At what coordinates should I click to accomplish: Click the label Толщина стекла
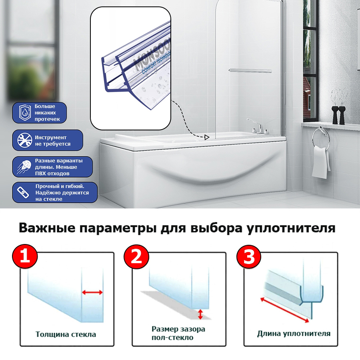66,334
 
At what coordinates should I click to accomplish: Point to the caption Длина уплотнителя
294,333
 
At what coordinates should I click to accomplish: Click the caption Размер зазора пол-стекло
178,333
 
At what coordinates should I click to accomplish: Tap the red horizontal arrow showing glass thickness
92,293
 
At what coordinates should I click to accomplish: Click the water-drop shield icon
23,113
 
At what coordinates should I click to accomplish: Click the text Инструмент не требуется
52,140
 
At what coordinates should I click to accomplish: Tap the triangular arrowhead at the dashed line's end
206,138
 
